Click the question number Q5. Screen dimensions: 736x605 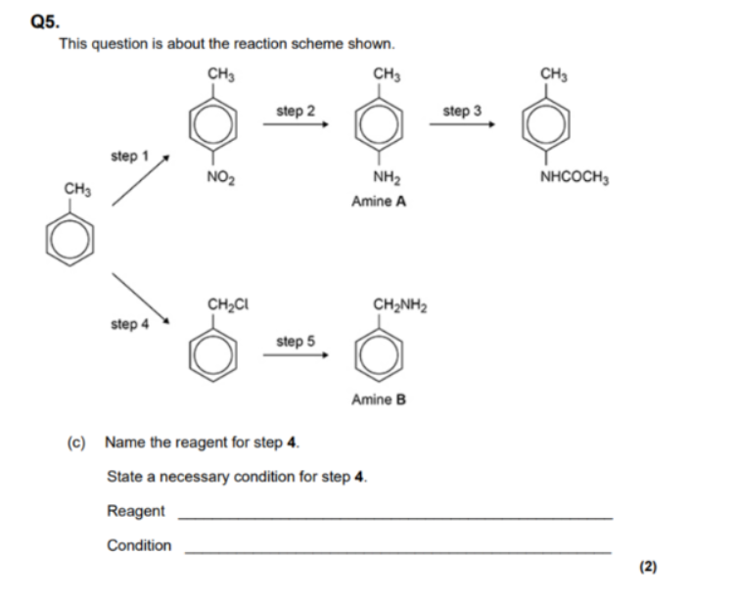pyautogui.click(x=45, y=23)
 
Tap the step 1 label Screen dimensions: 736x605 pyautogui.click(x=129, y=156)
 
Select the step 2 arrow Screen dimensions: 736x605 pyautogui.click(x=296, y=124)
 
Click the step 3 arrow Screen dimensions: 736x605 pyautogui.click(x=462, y=124)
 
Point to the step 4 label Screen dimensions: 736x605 pyautogui.click(x=129, y=324)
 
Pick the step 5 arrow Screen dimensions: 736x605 pyautogui.click(x=296, y=354)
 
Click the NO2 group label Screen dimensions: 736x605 pyautogui.click(x=220, y=177)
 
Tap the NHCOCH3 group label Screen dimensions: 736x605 pyautogui.click(x=575, y=177)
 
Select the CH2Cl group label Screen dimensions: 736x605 pyautogui.click(x=228, y=305)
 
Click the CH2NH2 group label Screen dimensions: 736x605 pyautogui.click(x=400, y=305)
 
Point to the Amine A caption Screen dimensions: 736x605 pyautogui.click(x=379, y=202)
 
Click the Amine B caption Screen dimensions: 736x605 pyautogui.click(x=379, y=399)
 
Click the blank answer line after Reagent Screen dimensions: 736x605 pyautogui.click(x=395, y=518)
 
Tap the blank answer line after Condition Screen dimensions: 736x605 pyautogui.click(x=398, y=553)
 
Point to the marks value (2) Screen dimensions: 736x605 pyautogui.click(x=648, y=567)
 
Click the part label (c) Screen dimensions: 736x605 pyautogui.click(x=76, y=442)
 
